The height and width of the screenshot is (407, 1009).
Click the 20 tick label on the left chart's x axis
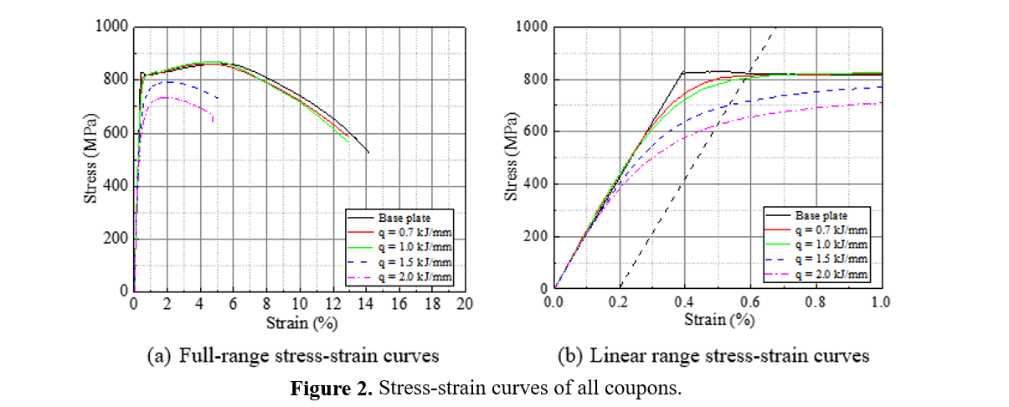(x=465, y=304)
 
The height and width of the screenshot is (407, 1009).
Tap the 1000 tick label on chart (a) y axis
(x=111, y=27)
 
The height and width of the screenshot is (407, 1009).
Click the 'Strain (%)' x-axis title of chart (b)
(x=717, y=320)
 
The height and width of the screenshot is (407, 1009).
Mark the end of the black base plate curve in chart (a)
(x=368, y=152)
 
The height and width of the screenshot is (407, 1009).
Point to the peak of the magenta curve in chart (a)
(x=165, y=97)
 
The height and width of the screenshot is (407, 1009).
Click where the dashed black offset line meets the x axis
(x=620, y=289)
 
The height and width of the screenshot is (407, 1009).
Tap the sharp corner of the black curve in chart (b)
(x=683, y=73)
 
